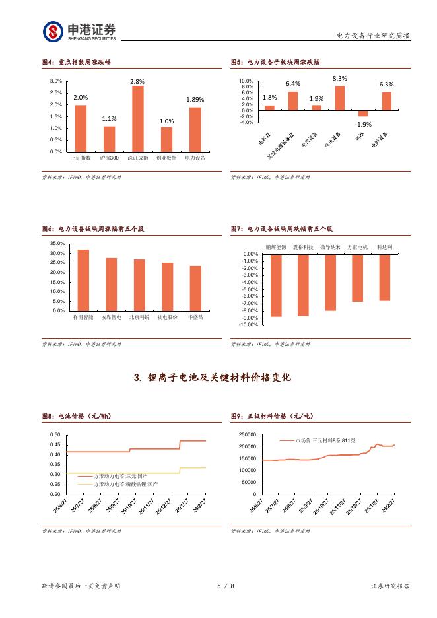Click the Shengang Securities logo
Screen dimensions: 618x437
click(79, 30)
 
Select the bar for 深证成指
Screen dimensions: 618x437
click(138, 119)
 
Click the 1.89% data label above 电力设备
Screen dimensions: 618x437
click(195, 100)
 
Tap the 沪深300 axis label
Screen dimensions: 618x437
click(110, 158)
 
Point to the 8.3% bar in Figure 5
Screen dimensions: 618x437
click(339, 98)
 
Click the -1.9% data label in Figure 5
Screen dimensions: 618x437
click(362, 124)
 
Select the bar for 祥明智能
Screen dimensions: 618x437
click(83, 280)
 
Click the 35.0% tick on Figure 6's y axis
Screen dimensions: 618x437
click(57, 244)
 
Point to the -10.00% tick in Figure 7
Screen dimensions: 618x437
click(250, 324)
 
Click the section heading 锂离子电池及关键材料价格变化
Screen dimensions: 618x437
click(212, 378)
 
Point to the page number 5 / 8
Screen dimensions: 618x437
click(226, 586)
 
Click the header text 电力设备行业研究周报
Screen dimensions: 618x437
click(373, 36)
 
